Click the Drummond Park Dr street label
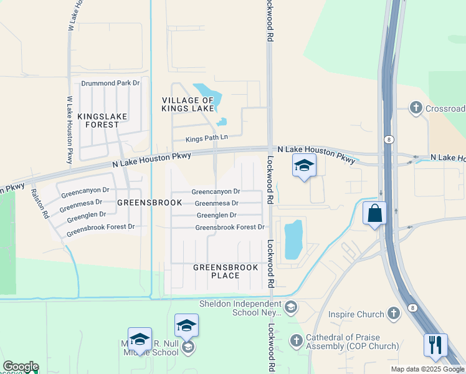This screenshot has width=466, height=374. [110, 83]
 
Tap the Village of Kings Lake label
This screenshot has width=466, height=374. [188, 105]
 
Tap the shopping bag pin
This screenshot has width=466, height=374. [374, 213]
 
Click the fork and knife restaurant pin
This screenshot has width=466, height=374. [435, 345]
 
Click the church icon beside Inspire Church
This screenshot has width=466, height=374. [393, 313]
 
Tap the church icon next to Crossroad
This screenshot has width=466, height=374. [416, 108]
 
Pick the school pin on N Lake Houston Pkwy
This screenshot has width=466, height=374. [304, 165]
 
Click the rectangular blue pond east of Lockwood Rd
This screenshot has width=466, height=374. [293, 239]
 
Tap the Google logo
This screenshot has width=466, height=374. [20, 367]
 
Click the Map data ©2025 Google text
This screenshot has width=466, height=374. [427, 369]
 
